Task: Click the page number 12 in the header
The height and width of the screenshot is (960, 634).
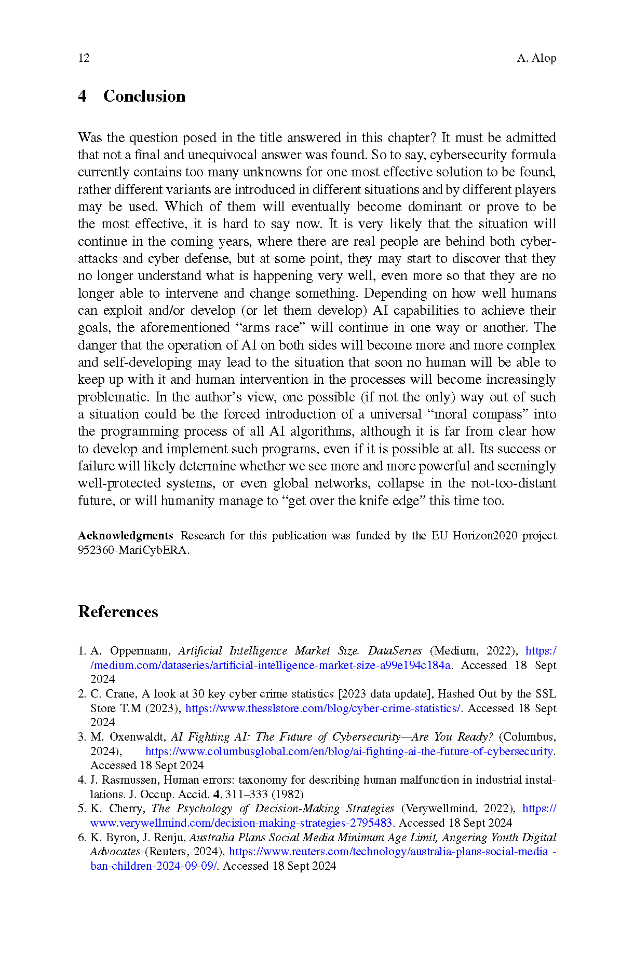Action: [x=84, y=58]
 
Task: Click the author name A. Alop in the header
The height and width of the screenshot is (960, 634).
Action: [x=536, y=58]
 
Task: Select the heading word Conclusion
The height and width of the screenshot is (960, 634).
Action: [x=144, y=96]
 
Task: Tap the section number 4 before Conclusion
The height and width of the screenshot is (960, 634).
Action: [x=82, y=96]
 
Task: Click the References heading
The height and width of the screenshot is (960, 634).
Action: [x=118, y=612]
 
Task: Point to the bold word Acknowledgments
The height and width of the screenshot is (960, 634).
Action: [x=126, y=536]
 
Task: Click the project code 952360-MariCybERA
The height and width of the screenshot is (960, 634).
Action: [x=133, y=550]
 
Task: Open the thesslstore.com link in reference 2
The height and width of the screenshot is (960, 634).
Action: [x=323, y=708]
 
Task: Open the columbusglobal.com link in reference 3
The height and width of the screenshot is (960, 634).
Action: [x=349, y=752]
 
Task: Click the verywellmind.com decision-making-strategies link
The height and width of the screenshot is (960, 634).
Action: [x=241, y=823]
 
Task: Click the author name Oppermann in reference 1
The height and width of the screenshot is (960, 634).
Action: [x=140, y=651]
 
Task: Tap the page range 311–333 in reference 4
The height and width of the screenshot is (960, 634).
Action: [x=247, y=795]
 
